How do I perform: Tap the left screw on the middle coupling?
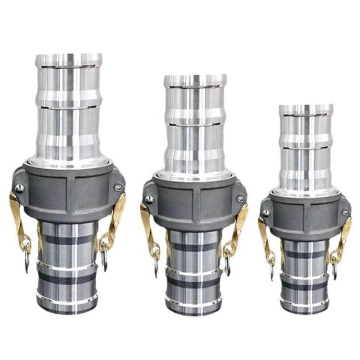point(149,199)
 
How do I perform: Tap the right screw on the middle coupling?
point(241,198)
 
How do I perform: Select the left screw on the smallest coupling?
point(266,213)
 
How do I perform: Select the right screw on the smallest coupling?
point(345,212)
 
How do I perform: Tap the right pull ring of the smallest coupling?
point(334,269)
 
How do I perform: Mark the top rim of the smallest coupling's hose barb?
point(306,108)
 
